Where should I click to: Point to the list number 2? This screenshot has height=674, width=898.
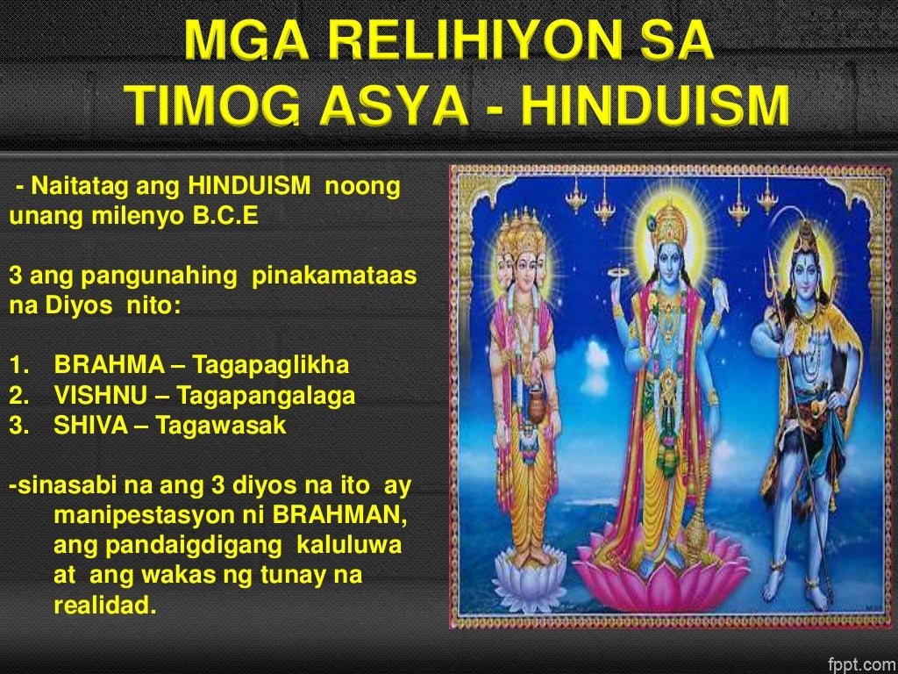coord(17,396)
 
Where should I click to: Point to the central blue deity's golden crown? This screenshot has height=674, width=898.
coord(669,225)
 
